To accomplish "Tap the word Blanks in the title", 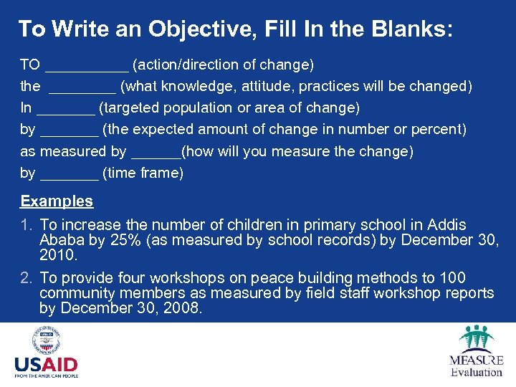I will pos(412,29).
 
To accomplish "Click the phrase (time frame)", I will pos(143,173).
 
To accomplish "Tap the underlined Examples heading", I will pos(57,201).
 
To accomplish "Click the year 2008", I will pos(183,309).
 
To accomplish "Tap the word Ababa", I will pos(62,240).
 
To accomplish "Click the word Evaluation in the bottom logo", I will pos(477,372).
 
